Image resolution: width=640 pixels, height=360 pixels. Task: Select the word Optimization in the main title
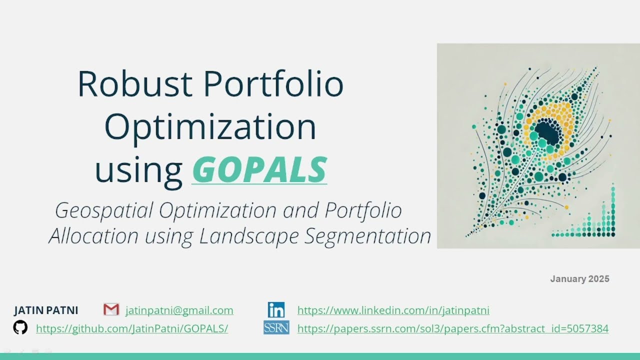click(210, 126)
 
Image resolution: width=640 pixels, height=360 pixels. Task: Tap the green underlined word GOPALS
click(259, 169)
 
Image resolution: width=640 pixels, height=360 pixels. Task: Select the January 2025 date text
click(579, 279)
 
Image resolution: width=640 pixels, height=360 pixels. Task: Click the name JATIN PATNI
click(46, 310)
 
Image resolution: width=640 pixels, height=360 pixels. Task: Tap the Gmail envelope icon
click(111, 309)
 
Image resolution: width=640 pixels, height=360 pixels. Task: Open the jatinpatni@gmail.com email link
click(179, 310)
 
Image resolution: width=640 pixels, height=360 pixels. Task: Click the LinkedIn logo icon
click(276, 310)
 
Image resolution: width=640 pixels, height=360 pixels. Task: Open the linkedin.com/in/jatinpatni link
click(393, 310)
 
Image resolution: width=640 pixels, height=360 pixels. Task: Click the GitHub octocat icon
click(20, 328)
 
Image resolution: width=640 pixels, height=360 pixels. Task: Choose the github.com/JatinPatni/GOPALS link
click(132, 328)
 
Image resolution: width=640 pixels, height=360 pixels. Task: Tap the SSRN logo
click(276, 328)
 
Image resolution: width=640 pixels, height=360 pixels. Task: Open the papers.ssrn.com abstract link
click(452, 328)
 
